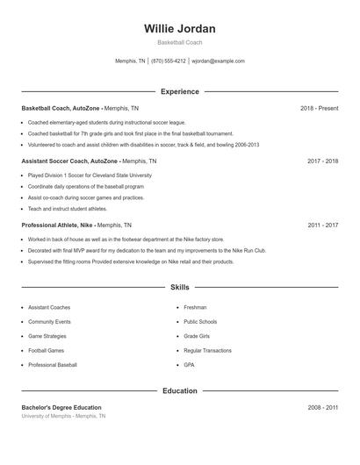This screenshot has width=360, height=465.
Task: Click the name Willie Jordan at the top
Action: tap(179, 29)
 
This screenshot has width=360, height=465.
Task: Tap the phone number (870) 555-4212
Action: tap(169, 61)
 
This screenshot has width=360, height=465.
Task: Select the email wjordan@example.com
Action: tap(218, 61)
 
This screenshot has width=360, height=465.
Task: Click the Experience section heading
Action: tap(179, 91)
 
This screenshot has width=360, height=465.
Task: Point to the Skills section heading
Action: tap(179, 287)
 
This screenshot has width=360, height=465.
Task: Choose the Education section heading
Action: tap(179, 390)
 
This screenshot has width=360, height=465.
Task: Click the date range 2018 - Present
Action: tap(319, 108)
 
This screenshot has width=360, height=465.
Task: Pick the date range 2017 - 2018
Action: tap(322, 161)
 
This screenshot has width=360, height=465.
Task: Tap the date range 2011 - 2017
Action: tap(322, 225)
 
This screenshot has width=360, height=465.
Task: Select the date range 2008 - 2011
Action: tap(322, 407)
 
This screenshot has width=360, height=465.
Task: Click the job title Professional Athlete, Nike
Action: tap(58, 225)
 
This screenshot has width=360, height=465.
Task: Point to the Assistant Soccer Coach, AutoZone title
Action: tap(68, 161)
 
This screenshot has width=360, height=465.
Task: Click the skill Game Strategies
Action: tap(47, 336)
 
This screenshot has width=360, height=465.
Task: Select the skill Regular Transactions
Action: tap(207, 350)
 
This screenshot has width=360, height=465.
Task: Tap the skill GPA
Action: tap(189, 364)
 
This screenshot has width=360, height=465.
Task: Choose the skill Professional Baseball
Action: tap(53, 364)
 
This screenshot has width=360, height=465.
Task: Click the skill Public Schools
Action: tap(200, 322)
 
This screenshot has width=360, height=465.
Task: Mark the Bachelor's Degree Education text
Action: tap(61, 407)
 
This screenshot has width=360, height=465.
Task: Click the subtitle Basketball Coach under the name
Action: tap(179, 42)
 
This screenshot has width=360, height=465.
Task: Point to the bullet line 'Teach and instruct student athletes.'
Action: tap(68, 209)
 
